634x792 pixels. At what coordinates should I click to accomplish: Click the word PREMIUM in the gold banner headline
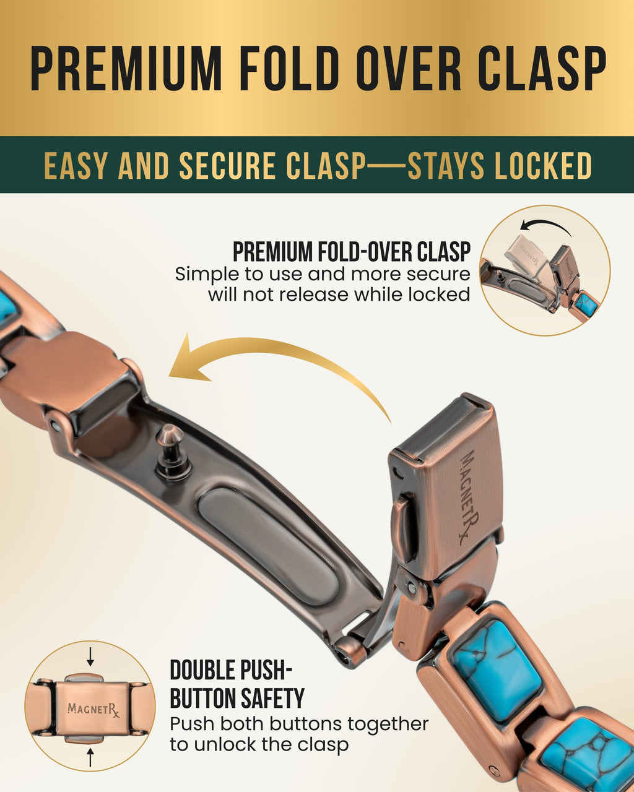[126, 69]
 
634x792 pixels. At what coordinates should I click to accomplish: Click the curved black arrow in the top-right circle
[545, 223]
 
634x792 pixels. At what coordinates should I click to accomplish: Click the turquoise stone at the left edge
[7, 304]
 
